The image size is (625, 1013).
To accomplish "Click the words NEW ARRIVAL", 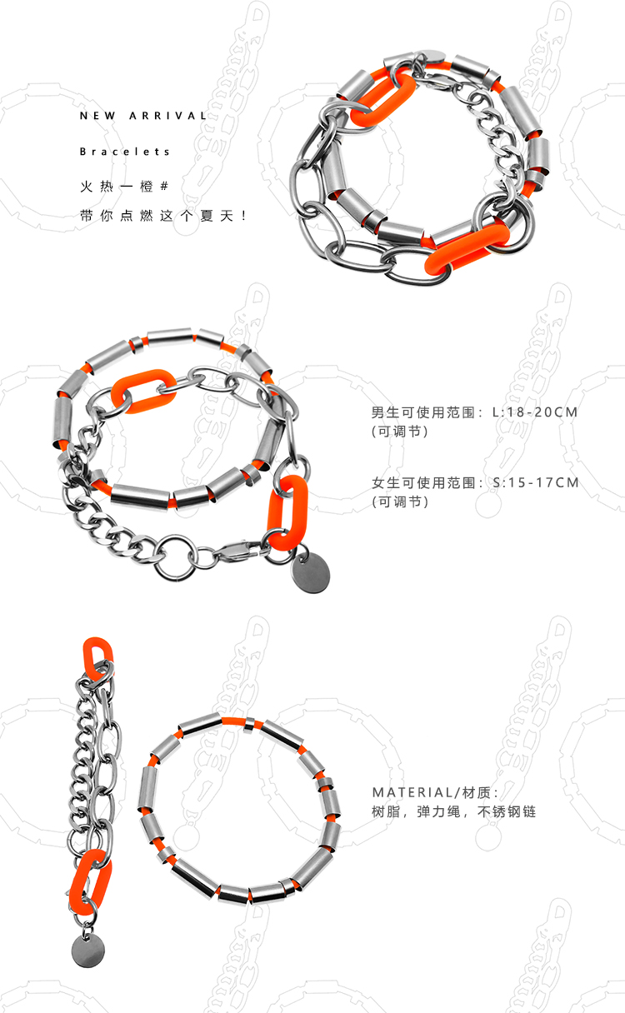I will click(x=142, y=116).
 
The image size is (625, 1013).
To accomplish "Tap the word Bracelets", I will click(x=125, y=152).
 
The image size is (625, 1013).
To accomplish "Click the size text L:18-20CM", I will click(x=535, y=412).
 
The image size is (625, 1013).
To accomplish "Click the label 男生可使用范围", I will click(x=425, y=412).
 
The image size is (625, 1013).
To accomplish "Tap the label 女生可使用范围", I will click(x=425, y=482).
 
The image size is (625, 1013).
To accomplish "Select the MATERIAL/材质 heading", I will click(x=433, y=792).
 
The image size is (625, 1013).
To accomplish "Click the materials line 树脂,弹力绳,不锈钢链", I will click(x=453, y=811).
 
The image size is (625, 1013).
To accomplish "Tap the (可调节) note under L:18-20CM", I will click(x=399, y=432).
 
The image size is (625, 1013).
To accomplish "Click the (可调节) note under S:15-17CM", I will click(x=399, y=502).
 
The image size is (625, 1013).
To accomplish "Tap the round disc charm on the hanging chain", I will click(x=84, y=950).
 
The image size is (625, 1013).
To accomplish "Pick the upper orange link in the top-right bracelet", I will click(x=382, y=97).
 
